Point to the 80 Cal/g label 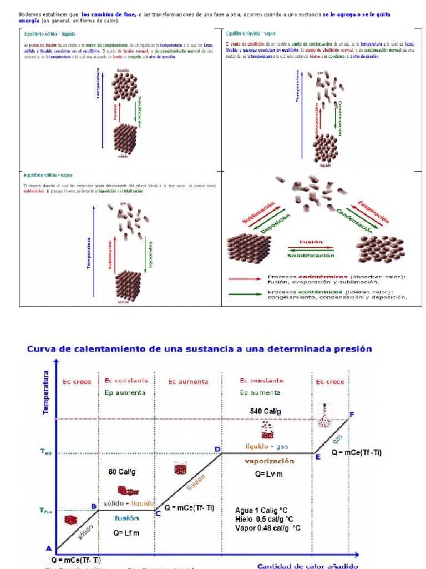coord(122,472)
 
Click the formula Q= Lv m coord(268,474)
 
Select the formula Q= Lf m coord(126,532)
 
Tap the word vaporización coord(270,461)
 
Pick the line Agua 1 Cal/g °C coord(261,511)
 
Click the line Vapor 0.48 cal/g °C coord(267,528)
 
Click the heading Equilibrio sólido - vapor coord(48,175)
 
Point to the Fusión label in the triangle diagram coord(311,242)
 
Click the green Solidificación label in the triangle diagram coord(311,256)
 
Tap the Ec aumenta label coord(189,382)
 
